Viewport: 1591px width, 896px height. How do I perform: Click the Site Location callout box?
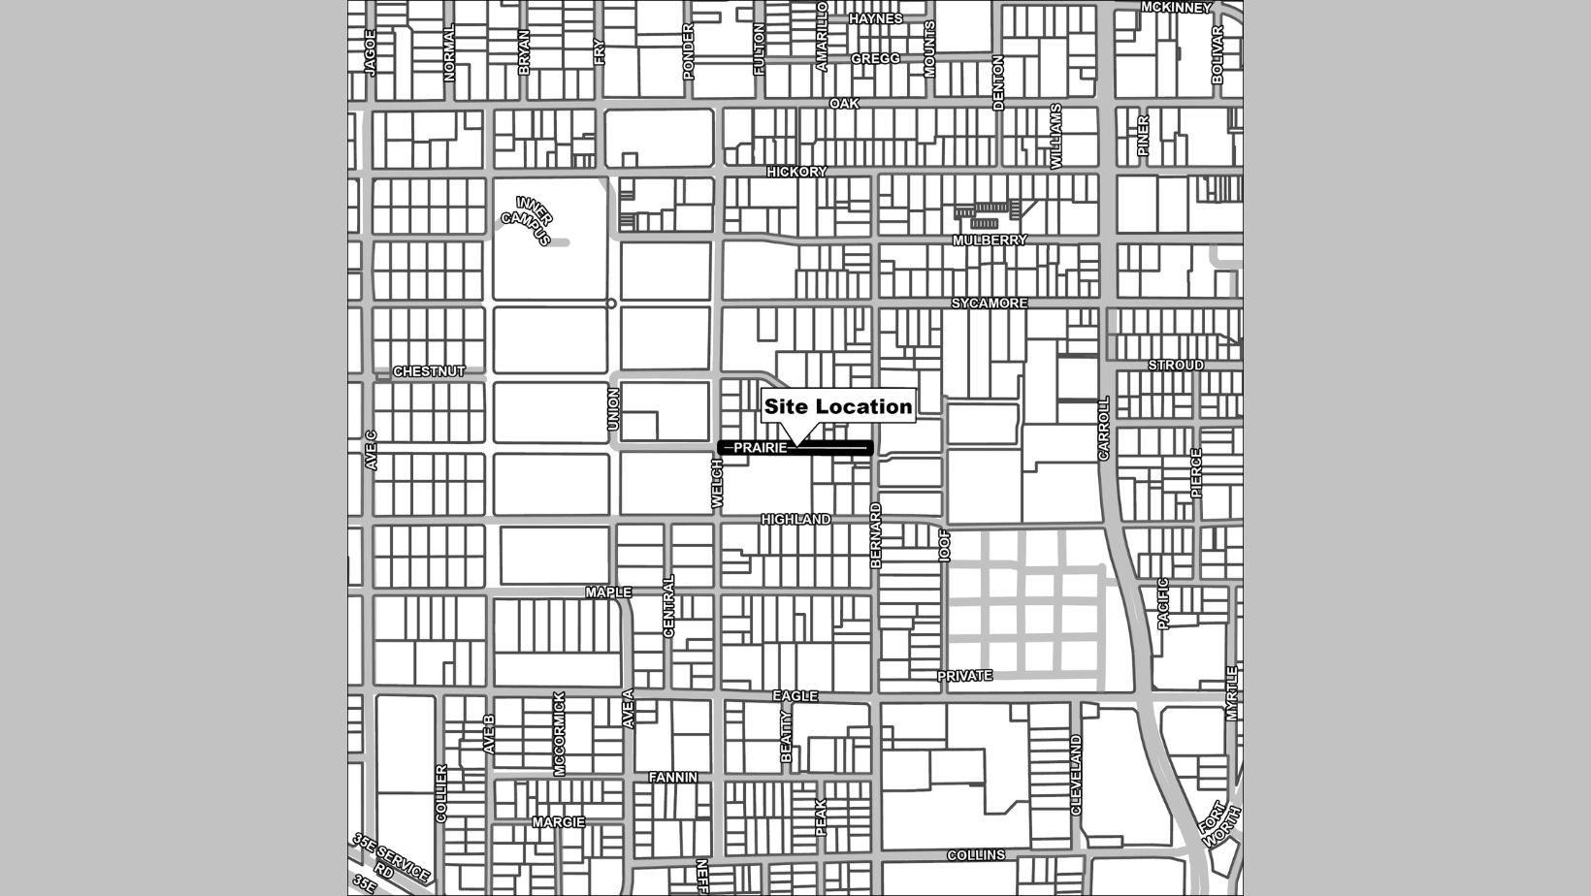(x=838, y=406)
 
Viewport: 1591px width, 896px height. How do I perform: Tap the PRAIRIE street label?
(x=760, y=448)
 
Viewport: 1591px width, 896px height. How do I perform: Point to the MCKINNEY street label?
(x=1176, y=8)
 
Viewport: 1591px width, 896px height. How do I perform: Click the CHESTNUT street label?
(x=429, y=371)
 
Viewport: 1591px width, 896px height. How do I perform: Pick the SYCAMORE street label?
(x=989, y=304)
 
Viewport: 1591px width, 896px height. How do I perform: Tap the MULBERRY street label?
(x=989, y=240)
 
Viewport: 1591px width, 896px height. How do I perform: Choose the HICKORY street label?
(x=796, y=172)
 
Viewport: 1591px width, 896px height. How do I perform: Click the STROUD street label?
(x=1176, y=366)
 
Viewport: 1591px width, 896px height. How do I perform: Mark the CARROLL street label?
(x=1103, y=429)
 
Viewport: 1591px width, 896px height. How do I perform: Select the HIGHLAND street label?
(x=795, y=520)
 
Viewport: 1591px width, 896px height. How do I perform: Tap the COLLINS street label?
(x=976, y=855)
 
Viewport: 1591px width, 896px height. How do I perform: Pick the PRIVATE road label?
(x=964, y=676)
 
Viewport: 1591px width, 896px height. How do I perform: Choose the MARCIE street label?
(x=558, y=822)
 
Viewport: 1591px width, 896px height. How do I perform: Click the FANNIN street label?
(x=672, y=778)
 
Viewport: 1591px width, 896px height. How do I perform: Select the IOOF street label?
(x=945, y=546)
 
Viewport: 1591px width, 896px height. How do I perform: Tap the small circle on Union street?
(x=611, y=304)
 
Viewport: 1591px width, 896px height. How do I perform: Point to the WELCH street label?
(x=717, y=483)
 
